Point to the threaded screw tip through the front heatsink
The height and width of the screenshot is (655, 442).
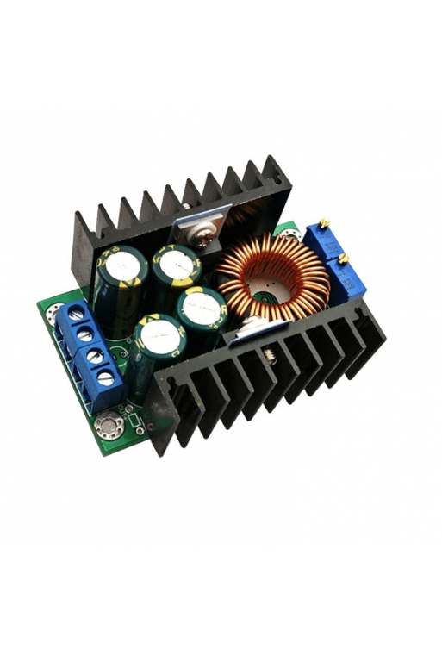[270, 352]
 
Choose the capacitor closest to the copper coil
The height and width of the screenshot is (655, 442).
[201, 307]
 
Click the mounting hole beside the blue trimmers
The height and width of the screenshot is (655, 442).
[288, 231]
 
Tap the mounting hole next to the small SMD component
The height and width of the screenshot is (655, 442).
[109, 424]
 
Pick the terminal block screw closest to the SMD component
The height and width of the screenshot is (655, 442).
[106, 376]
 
